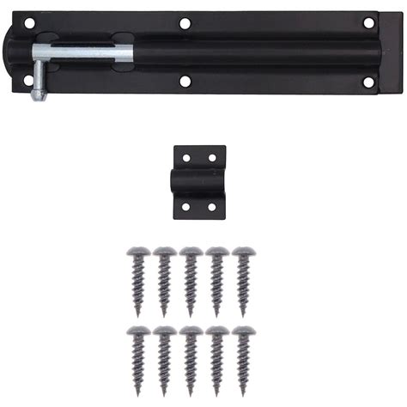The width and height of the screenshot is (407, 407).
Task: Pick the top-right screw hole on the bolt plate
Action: tap(368, 22)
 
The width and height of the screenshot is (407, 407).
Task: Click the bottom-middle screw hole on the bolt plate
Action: tap(185, 82)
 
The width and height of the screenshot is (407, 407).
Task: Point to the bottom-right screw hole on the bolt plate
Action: tap(368, 82)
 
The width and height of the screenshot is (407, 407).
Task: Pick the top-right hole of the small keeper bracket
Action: tap(212, 157)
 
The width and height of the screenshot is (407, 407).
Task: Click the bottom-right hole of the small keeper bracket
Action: tap(212, 206)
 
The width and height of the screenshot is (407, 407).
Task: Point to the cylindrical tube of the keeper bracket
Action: tap(199, 182)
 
